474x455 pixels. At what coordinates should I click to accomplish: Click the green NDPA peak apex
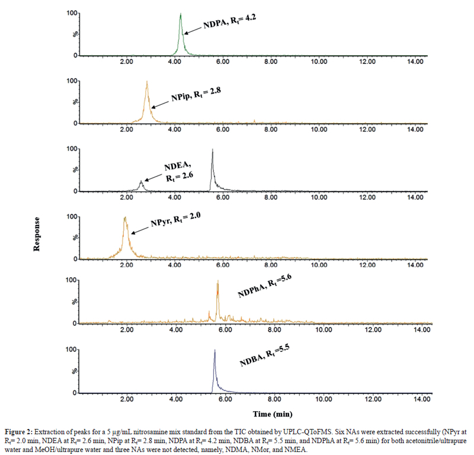181,14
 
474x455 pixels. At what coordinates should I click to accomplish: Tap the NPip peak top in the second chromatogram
147,82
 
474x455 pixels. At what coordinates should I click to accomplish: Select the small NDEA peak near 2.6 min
141,182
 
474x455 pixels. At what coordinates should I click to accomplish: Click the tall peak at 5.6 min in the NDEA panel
212,150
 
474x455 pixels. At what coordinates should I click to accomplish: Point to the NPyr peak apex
125,218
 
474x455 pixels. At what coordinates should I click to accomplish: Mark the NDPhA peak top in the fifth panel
218,281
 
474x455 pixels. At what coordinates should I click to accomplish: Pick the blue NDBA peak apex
214,351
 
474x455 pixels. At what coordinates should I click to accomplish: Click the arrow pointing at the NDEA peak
155,177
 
